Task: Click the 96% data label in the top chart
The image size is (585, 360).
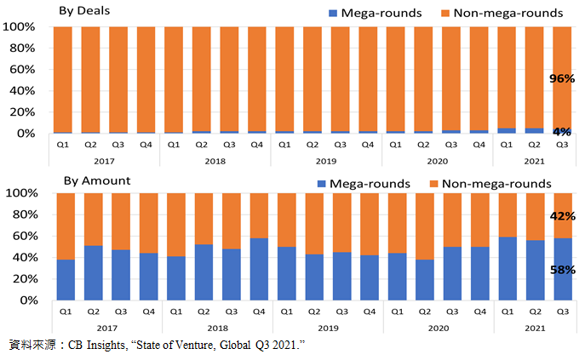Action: pos(561,78)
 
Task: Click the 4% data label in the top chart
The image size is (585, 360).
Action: pos(561,132)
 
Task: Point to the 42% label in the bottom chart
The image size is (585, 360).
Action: pos(561,216)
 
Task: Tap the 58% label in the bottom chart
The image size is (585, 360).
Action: pos(561,270)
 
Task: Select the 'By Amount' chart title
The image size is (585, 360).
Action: pos(95,180)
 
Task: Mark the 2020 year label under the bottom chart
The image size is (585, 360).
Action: pos(438,326)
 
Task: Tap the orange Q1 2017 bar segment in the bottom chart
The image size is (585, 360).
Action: pos(66,226)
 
